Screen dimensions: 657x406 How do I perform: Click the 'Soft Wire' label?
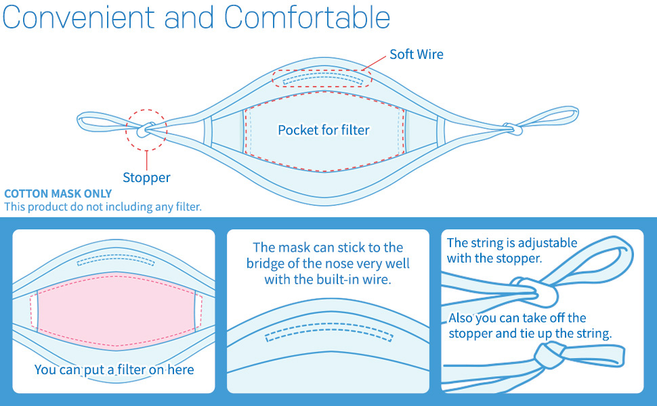click(x=416, y=54)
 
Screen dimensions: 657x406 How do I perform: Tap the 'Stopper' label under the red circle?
click(x=146, y=177)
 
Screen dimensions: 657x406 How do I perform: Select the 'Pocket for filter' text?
click(x=324, y=130)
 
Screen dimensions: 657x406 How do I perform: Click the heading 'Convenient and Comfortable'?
click(x=196, y=18)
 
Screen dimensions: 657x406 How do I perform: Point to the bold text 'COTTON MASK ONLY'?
click(x=58, y=194)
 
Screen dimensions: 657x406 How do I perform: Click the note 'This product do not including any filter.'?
click(x=103, y=207)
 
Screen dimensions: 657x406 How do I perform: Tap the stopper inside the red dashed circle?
click(x=146, y=130)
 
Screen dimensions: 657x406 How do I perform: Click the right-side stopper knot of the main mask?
click(x=513, y=129)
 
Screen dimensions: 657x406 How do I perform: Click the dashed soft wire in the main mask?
click(x=323, y=78)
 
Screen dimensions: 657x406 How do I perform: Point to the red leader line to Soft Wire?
click(x=374, y=63)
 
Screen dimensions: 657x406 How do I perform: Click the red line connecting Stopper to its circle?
click(x=147, y=160)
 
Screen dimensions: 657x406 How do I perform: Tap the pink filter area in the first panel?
click(x=116, y=310)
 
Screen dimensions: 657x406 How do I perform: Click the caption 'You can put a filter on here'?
click(x=114, y=369)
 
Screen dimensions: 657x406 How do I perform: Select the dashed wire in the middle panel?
click(x=329, y=332)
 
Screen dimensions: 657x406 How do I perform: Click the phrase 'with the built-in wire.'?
click(x=328, y=279)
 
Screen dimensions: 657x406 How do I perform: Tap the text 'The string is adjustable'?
click(x=512, y=243)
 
